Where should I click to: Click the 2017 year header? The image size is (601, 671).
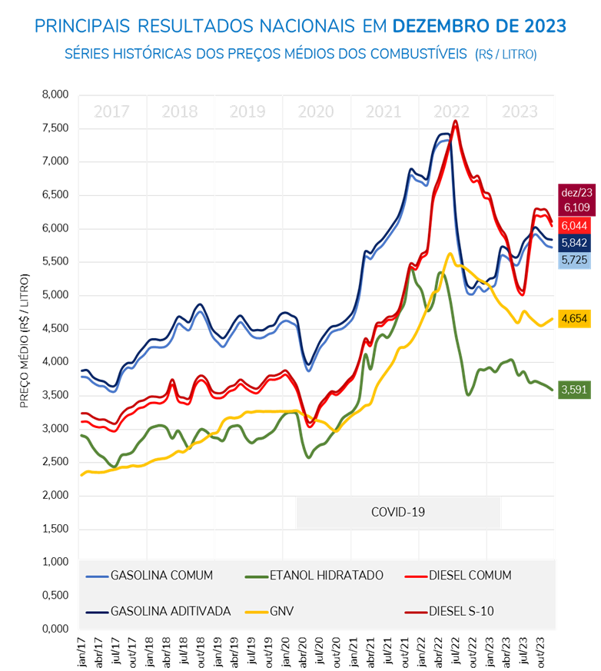click(x=111, y=111)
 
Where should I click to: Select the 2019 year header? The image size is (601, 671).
click(x=247, y=111)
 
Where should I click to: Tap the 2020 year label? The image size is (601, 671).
click(x=316, y=111)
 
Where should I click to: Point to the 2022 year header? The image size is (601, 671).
click(x=452, y=111)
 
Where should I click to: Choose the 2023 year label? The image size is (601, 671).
click(x=520, y=111)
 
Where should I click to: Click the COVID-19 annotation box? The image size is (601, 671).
click(x=398, y=512)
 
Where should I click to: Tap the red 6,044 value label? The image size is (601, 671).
click(x=576, y=225)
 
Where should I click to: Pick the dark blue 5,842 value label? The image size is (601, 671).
click(x=576, y=243)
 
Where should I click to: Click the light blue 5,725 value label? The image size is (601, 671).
click(x=576, y=261)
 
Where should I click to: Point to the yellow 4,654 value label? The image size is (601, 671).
click(x=576, y=318)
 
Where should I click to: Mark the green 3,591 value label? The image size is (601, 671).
click(x=576, y=390)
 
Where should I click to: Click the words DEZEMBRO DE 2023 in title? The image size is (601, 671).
click(x=480, y=27)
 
